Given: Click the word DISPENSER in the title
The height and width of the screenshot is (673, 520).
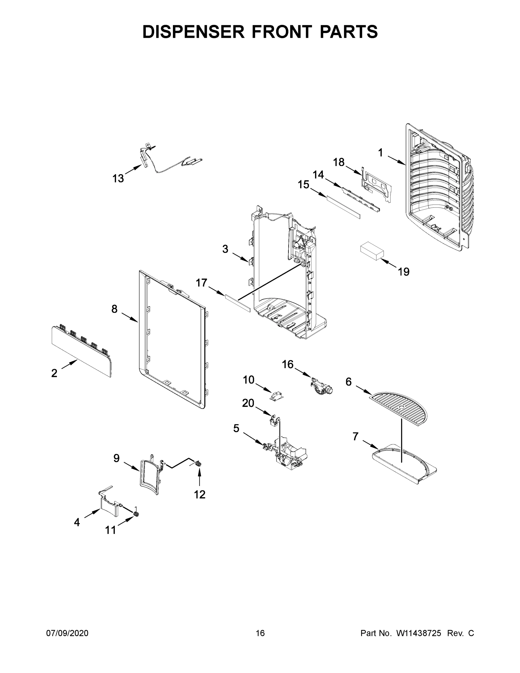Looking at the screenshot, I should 193,32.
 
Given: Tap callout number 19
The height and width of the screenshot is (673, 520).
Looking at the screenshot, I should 404,272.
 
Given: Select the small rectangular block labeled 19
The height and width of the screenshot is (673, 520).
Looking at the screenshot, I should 372,252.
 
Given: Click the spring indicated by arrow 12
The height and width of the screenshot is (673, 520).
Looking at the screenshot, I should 199,463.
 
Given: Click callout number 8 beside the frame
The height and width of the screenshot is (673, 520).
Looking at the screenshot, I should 114,309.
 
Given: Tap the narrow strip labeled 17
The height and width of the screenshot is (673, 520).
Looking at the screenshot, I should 238,303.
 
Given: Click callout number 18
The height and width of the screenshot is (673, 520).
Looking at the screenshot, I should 339,162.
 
